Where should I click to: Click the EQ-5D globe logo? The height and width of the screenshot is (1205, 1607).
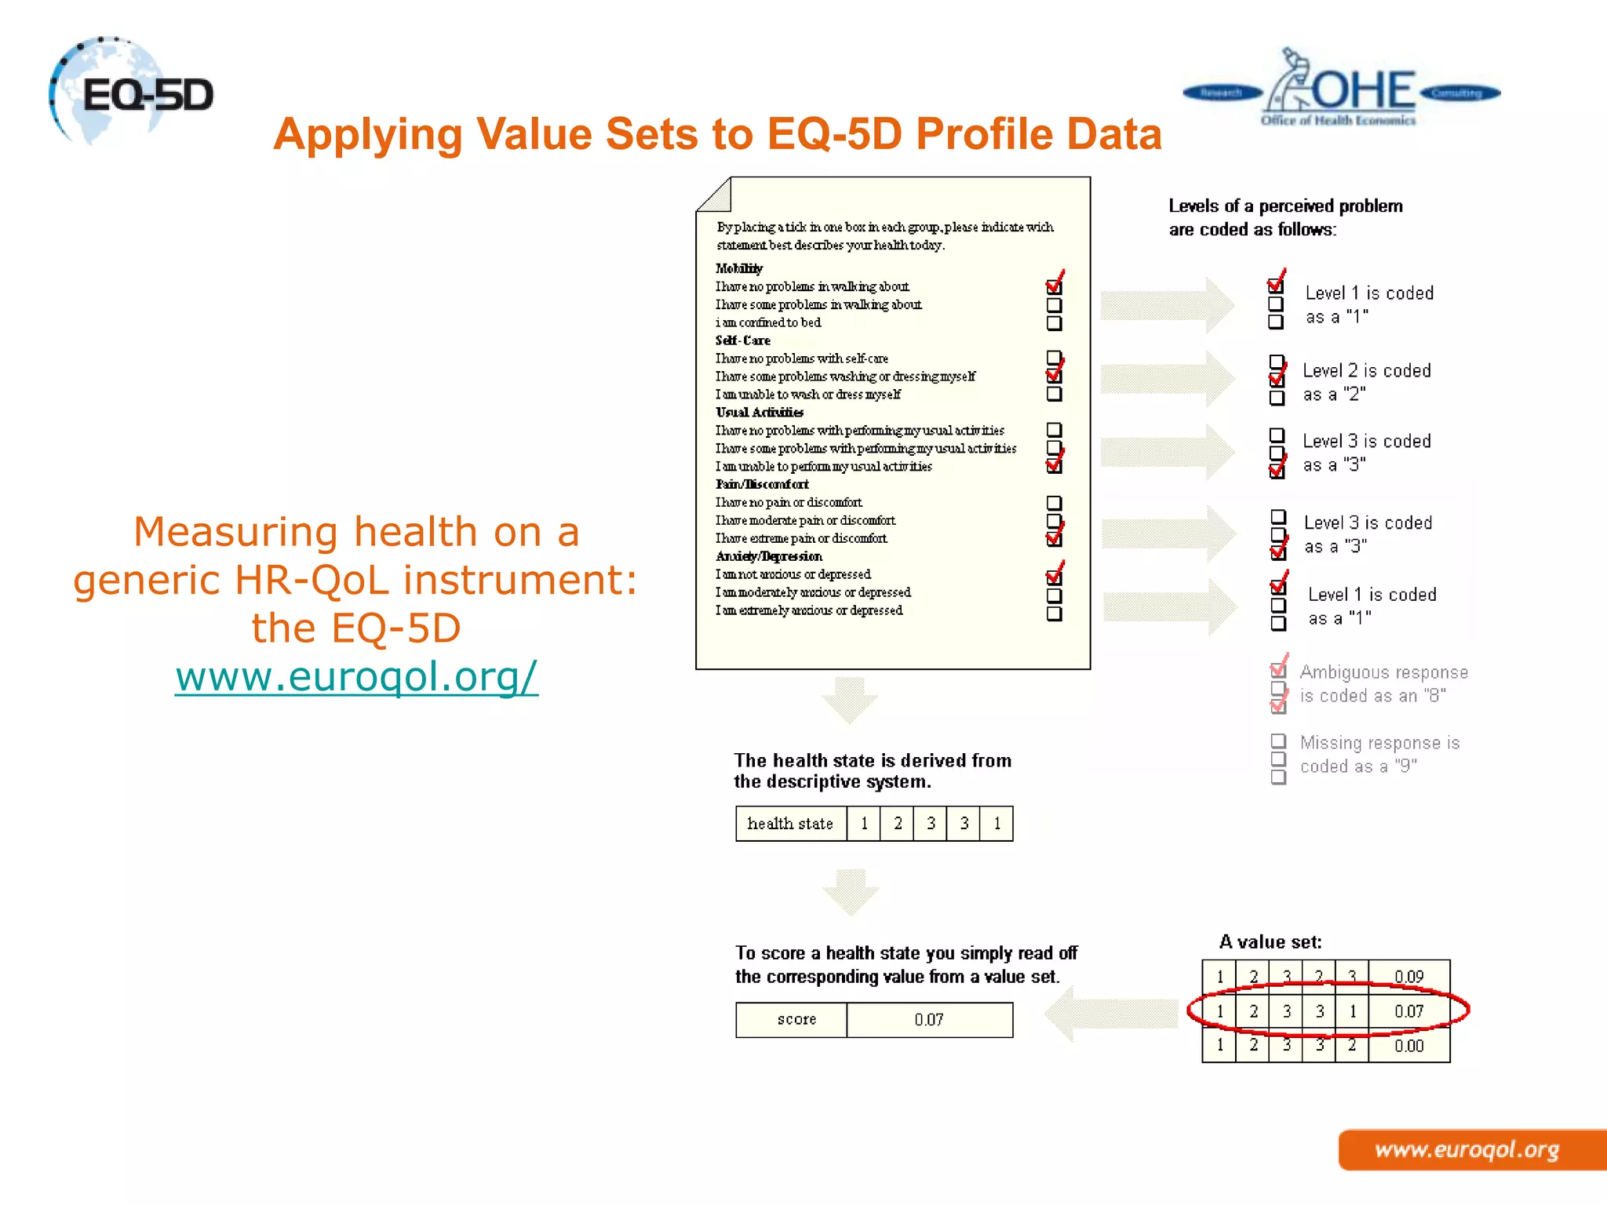point(129,93)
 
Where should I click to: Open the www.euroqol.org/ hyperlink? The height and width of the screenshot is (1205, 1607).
point(356,676)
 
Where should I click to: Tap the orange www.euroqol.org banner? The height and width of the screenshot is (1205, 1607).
point(1467,1150)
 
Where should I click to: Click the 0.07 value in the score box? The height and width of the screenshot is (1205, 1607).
point(929,1020)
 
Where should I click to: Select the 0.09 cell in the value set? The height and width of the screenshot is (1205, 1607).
point(1408,977)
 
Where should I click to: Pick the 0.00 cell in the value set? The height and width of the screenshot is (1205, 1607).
point(1408,1046)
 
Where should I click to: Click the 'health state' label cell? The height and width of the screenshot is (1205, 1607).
point(790,824)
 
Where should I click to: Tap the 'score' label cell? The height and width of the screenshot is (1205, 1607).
point(796,1020)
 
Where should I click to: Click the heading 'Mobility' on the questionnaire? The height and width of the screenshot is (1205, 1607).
point(738,268)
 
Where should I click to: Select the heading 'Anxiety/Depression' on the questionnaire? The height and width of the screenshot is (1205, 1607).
point(769,556)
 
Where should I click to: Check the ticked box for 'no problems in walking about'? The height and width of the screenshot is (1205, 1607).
point(1054,286)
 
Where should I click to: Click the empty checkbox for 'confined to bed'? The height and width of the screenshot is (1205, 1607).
point(1054,323)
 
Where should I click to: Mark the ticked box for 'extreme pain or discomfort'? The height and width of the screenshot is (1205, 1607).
point(1054,539)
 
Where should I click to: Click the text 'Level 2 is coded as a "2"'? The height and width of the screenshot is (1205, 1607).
point(1366,382)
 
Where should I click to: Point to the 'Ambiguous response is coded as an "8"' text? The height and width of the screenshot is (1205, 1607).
point(1383,683)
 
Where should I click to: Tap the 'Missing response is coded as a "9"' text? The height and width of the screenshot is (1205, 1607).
point(1379,754)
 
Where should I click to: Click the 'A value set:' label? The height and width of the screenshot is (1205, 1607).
point(1270,941)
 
